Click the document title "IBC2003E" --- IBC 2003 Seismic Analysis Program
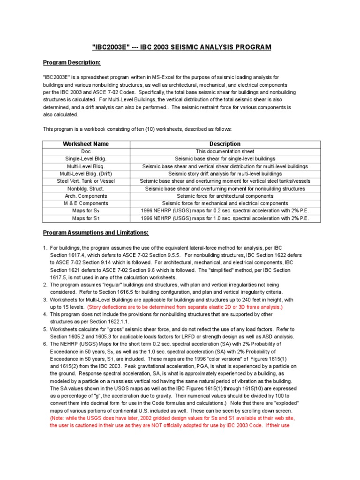point(180,48)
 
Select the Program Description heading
point(72,62)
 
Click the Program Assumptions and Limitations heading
point(96,232)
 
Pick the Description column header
point(225,144)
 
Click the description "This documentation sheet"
point(225,151)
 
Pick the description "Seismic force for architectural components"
point(225,196)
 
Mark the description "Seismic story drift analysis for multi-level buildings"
point(225,173)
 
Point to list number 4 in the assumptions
point(45,314)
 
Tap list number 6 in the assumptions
point(45,344)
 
